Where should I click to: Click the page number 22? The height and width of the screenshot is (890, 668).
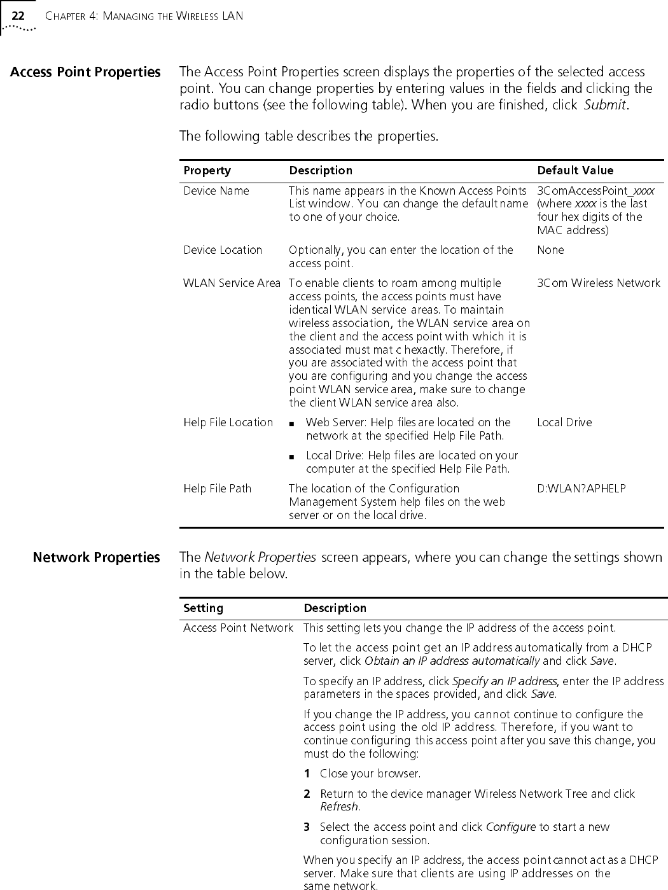tap(18, 15)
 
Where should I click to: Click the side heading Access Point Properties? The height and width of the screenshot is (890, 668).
tap(85, 72)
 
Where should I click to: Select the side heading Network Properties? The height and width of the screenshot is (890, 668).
tap(97, 558)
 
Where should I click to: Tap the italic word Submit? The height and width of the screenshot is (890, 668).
tap(606, 105)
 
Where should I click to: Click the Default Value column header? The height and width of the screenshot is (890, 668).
tap(575, 170)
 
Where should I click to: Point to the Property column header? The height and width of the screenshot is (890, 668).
tap(207, 170)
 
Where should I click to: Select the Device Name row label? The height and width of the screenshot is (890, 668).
tap(216, 191)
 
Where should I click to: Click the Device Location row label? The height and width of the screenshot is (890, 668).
tap(223, 250)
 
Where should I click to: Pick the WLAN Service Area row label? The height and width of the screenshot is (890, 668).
tap(232, 283)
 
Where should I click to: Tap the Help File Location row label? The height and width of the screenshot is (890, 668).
tap(228, 422)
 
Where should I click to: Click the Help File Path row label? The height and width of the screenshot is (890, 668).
tap(217, 489)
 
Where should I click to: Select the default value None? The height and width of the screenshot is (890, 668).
tap(550, 250)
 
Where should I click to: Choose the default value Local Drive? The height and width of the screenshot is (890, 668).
tap(564, 422)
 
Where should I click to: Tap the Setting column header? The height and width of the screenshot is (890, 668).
tap(203, 608)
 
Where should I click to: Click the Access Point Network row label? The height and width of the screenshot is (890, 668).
tap(238, 629)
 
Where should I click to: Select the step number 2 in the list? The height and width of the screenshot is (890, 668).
tap(307, 794)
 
